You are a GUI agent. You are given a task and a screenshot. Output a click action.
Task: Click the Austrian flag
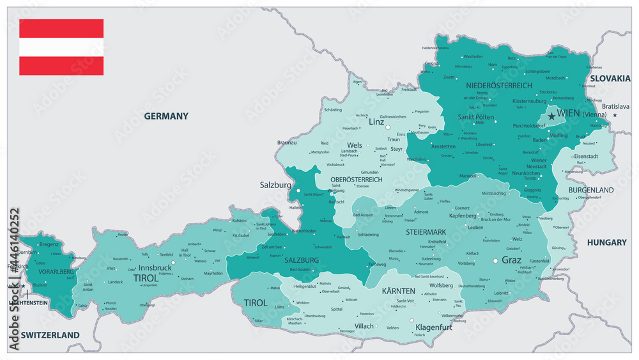[x=61, y=47]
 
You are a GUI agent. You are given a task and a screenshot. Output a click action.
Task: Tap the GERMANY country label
[x=166, y=116]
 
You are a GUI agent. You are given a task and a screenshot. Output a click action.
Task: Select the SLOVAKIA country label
[x=610, y=78]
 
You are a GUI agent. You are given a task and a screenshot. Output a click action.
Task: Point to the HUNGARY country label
[x=606, y=242]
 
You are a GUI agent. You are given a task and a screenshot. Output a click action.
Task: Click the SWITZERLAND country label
[x=50, y=335]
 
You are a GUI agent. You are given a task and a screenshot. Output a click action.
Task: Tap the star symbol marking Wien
[x=551, y=116]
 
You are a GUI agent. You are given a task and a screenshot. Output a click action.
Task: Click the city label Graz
[x=511, y=260]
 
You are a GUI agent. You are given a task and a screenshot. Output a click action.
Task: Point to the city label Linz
[x=376, y=121]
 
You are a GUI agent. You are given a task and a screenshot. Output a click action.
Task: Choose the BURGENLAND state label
[x=591, y=190]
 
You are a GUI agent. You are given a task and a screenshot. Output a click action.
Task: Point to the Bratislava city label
[x=615, y=106]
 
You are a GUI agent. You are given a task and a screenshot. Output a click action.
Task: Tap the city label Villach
[x=364, y=326]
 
